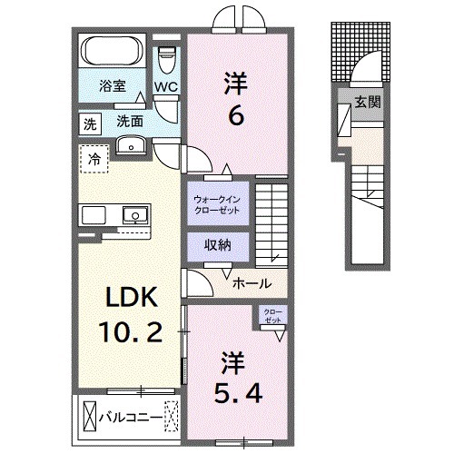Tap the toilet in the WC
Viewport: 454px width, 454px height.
(166, 60)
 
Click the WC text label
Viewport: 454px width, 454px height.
(165, 87)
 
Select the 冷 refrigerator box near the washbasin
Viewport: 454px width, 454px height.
(94, 160)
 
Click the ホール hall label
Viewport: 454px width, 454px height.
(251, 282)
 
